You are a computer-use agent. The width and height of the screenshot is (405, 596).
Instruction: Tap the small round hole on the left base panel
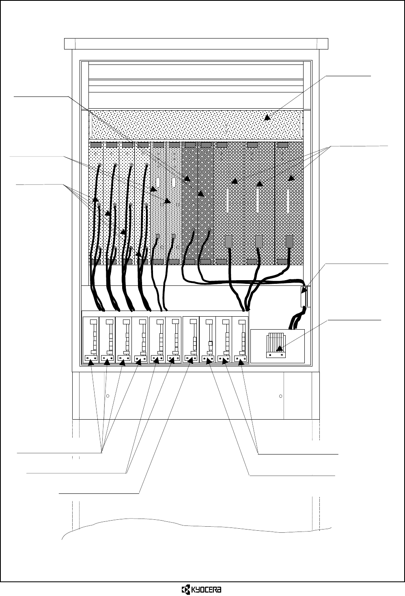click(108, 395)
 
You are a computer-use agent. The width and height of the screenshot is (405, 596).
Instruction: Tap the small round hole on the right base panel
click(281, 395)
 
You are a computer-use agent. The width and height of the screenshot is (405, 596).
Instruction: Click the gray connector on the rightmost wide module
click(289, 241)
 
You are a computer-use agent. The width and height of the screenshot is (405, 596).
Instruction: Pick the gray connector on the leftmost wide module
click(228, 241)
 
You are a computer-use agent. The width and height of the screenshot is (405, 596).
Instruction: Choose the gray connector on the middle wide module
click(259, 241)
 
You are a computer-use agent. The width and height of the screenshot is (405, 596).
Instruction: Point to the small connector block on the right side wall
click(305, 297)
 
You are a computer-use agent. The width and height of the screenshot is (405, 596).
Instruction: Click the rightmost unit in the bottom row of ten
click(241, 340)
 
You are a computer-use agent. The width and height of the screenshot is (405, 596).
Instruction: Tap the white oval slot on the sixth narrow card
click(173, 181)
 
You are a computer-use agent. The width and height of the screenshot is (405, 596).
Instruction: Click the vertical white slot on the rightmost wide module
click(288, 201)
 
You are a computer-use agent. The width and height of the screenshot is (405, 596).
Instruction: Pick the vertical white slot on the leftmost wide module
click(227, 201)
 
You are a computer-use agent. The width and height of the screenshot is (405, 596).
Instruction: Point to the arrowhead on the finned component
click(279, 348)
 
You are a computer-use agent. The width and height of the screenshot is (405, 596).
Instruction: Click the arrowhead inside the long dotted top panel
click(267, 118)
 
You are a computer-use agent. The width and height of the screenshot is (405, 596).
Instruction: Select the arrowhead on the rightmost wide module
click(291, 178)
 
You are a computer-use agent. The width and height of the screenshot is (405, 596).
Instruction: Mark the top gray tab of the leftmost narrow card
click(96, 144)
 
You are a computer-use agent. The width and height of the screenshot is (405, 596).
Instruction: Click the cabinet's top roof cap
click(196, 43)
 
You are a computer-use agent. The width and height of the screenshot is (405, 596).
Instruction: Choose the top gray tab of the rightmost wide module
click(283, 144)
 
